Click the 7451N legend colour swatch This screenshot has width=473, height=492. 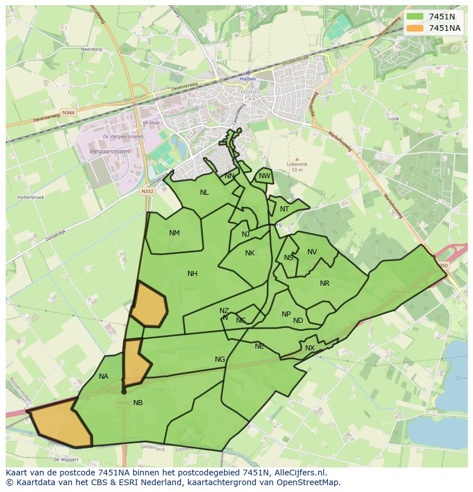point(415,17)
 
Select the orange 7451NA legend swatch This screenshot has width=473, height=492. point(415,28)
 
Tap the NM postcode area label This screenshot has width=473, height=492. point(174,233)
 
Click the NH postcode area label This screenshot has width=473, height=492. point(193,274)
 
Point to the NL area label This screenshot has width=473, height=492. point(204,193)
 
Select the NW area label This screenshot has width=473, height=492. point(264,176)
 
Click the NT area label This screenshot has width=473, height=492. point(284,209)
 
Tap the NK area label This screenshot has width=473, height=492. point(250,253)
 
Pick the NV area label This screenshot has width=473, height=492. point(312,252)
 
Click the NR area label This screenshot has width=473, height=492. point(324,283)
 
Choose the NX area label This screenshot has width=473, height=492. point(310,348)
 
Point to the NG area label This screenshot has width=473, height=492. point(220,359)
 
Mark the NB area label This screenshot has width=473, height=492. point(138,403)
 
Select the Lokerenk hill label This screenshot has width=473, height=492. point(296,164)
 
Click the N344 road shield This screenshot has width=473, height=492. point(68,113)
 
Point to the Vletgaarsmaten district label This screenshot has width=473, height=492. point(110,151)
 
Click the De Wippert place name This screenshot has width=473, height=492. point(65,459)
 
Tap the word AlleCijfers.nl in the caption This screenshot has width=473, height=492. point(299,473)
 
